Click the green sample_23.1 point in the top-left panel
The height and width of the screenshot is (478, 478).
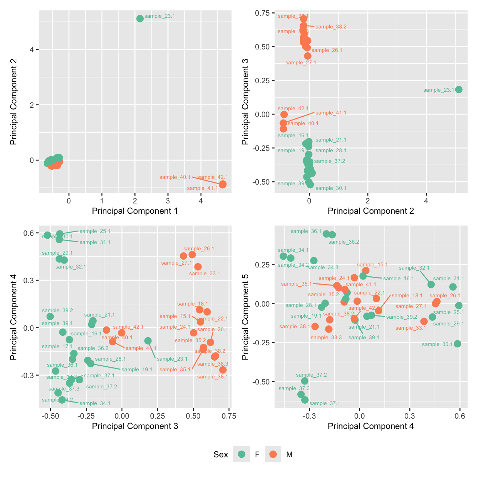click(x=140, y=18)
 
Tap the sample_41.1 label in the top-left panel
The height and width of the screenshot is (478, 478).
click(x=202, y=188)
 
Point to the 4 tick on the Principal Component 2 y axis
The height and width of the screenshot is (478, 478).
click(x=32, y=49)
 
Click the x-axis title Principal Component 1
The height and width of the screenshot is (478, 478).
click(x=135, y=211)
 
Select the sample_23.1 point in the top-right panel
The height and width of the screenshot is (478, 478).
click(x=459, y=89)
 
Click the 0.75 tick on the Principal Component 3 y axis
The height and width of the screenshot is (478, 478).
click(x=262, y=13)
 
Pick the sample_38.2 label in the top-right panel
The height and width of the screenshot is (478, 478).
click(x=331, y=27)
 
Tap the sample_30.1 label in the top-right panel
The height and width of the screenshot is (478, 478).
click(x=331, y=188)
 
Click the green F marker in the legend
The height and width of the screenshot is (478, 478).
click(x=242, y=454)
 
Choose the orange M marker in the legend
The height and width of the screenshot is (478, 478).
click(x=273, y=454)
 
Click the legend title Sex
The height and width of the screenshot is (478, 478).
click(x=221, y=455)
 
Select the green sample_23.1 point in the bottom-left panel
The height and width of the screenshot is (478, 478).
click(x=148, y=341)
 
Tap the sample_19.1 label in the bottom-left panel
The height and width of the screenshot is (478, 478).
click(x=137, y=370)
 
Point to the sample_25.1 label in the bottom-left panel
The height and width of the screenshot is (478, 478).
click(x=95, y=231)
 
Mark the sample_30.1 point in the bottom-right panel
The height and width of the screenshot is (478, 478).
click(x=457, y=344)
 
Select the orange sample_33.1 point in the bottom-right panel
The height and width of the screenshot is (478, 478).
click(x=424, y=321)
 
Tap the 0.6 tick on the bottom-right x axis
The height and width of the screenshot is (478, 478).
click(x=460, y=416)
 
